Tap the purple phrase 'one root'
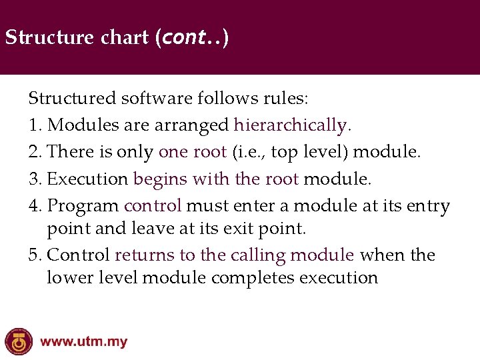pyautogui.click(x=193, y=151)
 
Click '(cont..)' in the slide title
pyautogui.click(x=191, y=37)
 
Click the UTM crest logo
pyautogui.click(x=18, y=342)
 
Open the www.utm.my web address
pyautogui.click(x=83, y=343)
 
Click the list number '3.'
pyautogui.click(x=36, y=179)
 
